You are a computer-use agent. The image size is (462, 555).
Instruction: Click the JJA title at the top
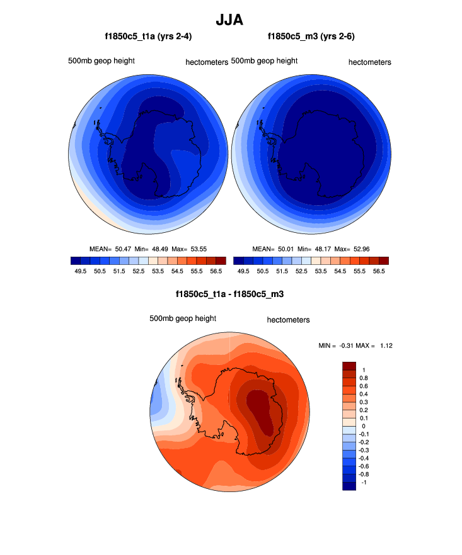pyautogui.click(x=231, y=20)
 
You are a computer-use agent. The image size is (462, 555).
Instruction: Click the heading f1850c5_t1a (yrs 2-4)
pyautogui.click(x=148, y=36)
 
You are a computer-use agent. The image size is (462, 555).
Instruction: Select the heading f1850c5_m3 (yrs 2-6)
pyautogui.click(x=311, y=36)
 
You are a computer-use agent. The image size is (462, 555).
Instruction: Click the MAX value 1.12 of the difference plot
pyautogui.click(x=386, y=345)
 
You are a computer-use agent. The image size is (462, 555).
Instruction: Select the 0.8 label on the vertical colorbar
pyautogui.click(x=364, y=378)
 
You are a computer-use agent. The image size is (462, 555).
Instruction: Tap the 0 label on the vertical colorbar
pyautogui.click(x=364, y=426)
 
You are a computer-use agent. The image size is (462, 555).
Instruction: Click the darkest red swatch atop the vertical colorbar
pyautogui.click(x=349, y=366)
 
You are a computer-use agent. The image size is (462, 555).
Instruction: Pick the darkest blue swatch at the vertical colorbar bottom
pyautogui.click(x=349, y=486)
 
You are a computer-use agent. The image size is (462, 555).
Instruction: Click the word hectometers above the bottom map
pyautogui.click(x=288, y=320)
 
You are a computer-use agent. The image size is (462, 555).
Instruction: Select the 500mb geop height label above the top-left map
pyautogui.click(x=101, y=61)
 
